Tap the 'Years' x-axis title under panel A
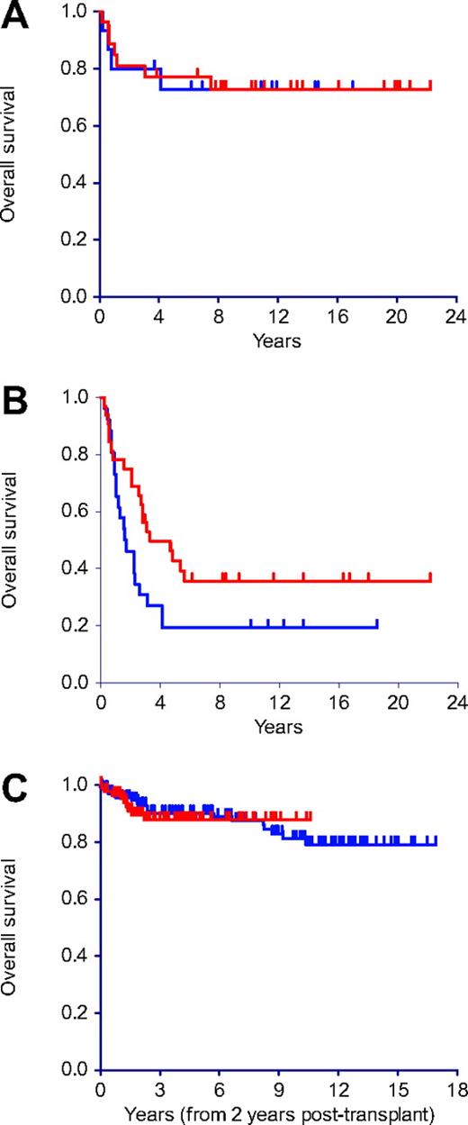(278, 341)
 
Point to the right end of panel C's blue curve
(436, 843)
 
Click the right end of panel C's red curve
(310, 816)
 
